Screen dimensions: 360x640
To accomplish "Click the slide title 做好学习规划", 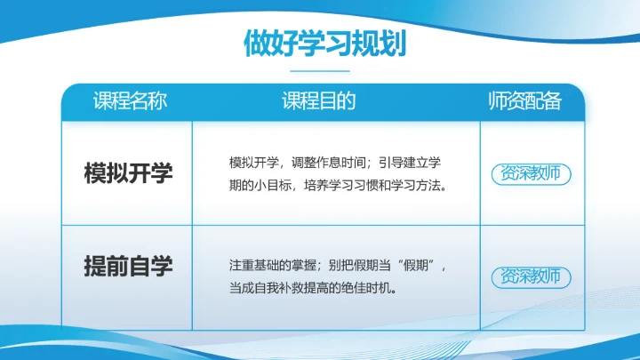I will (319, 43).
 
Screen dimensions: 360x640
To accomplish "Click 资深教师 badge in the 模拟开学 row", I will (531, 173).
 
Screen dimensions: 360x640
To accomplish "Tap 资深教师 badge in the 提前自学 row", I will (531, 276).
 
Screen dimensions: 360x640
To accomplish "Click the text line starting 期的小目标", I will (337, 187).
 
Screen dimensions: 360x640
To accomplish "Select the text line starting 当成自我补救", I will (311, 289).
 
